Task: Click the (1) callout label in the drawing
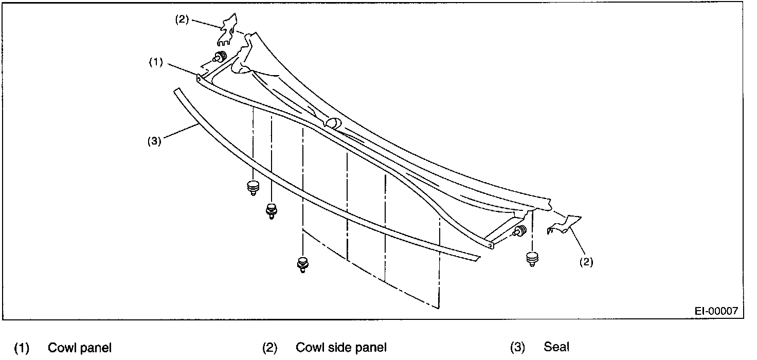click(x=156, y=62)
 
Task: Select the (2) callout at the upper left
click(x=182, y=20)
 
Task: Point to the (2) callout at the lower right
click(x=586, y=262)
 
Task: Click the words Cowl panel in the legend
click(x=79, y=348)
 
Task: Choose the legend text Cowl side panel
click(x=341, y=348)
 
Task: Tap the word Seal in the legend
click(x=556, y=348)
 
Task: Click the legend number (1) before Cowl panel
click(x=22, y=348)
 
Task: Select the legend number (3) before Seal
click(x=517, y=348)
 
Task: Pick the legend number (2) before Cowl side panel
click(x=269, y=348)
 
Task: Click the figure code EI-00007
click(x=716, y=311)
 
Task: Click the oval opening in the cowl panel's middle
click(x=332, y=123)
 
